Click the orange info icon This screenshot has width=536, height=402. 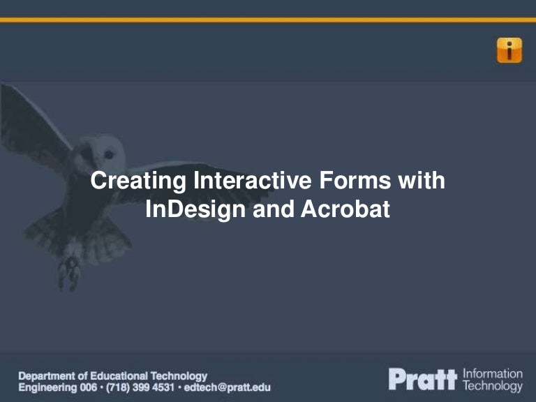509,50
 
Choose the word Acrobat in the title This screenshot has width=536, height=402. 344,209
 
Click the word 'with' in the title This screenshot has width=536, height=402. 422,181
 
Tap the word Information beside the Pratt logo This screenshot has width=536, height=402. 493,374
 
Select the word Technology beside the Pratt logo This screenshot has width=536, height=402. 493,386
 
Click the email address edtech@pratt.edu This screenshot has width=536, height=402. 228,387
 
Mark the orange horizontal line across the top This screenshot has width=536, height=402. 268,20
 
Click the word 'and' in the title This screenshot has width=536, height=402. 274,209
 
